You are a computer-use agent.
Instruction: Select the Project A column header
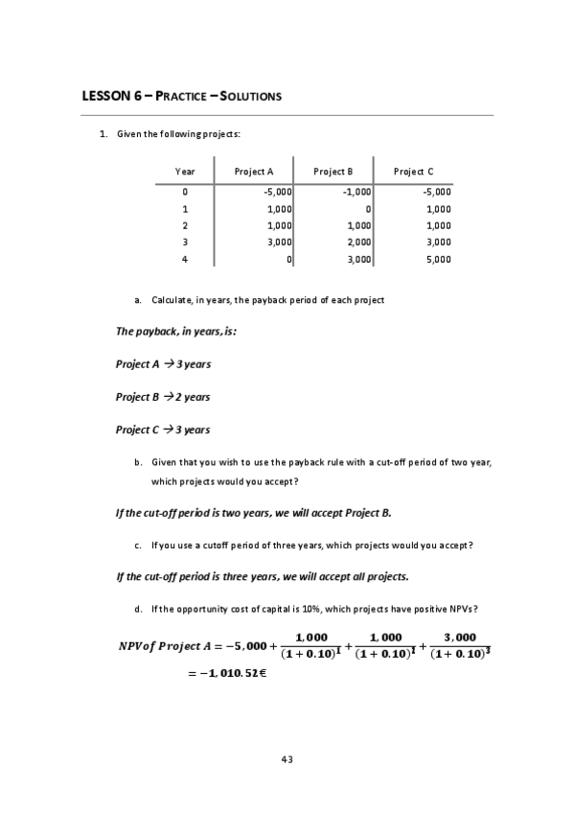[x=254, y=172]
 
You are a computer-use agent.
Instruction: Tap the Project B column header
[x=333, y=172]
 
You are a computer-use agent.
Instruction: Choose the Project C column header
[x=413, y=172]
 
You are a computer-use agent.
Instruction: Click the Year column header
[x=185, y=172]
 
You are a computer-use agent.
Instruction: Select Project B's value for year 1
[x=367, y=208]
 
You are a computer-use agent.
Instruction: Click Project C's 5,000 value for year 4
[x=438, y=260]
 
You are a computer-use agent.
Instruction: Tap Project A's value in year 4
[x=288, y=260]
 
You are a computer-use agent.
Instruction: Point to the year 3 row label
[x=185, y=243]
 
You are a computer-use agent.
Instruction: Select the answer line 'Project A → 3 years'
[x=163, y=364]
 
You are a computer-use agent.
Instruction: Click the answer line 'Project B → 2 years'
[x=163, y=397]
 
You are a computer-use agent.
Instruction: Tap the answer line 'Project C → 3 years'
[x=163, y=430]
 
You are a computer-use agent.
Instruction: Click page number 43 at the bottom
[x=287, y=759]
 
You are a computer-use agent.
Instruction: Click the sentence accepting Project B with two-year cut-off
[x=253, y=512]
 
